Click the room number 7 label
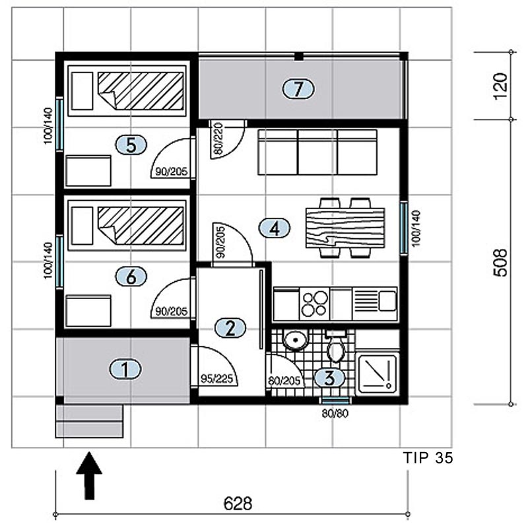point(298,89)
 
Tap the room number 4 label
point(275,228)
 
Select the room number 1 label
point(125,370)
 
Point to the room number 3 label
point(329,378)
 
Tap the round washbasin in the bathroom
point(296,340)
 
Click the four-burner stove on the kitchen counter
point(315,304)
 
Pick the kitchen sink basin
point(387,301)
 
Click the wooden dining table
point(345,228)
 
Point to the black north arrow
point(89,475)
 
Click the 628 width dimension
point(238,504)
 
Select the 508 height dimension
point(501,263)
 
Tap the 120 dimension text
point(501,86)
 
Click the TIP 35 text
point(428,458)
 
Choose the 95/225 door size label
point(217,379)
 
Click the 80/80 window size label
point(335,413)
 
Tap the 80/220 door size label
point(218,139)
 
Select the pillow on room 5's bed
point(82,91)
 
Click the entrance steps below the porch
point(89,421)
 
